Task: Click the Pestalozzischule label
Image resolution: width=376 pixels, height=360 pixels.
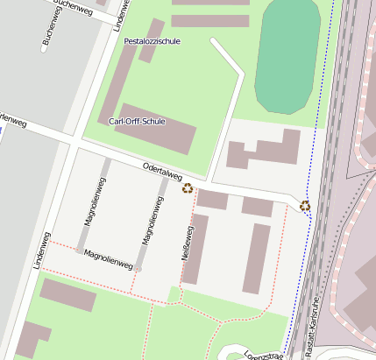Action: pos(152,41)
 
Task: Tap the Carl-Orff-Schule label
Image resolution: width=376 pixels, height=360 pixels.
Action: pos(137,122)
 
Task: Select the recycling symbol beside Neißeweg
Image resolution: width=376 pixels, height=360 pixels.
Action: pos(188,187)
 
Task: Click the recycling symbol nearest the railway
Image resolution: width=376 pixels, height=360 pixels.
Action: pos(305,206)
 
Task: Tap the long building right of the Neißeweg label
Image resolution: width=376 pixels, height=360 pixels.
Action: pos(257,258)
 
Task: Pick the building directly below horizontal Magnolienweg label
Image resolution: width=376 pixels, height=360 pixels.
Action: pos(67,294)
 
